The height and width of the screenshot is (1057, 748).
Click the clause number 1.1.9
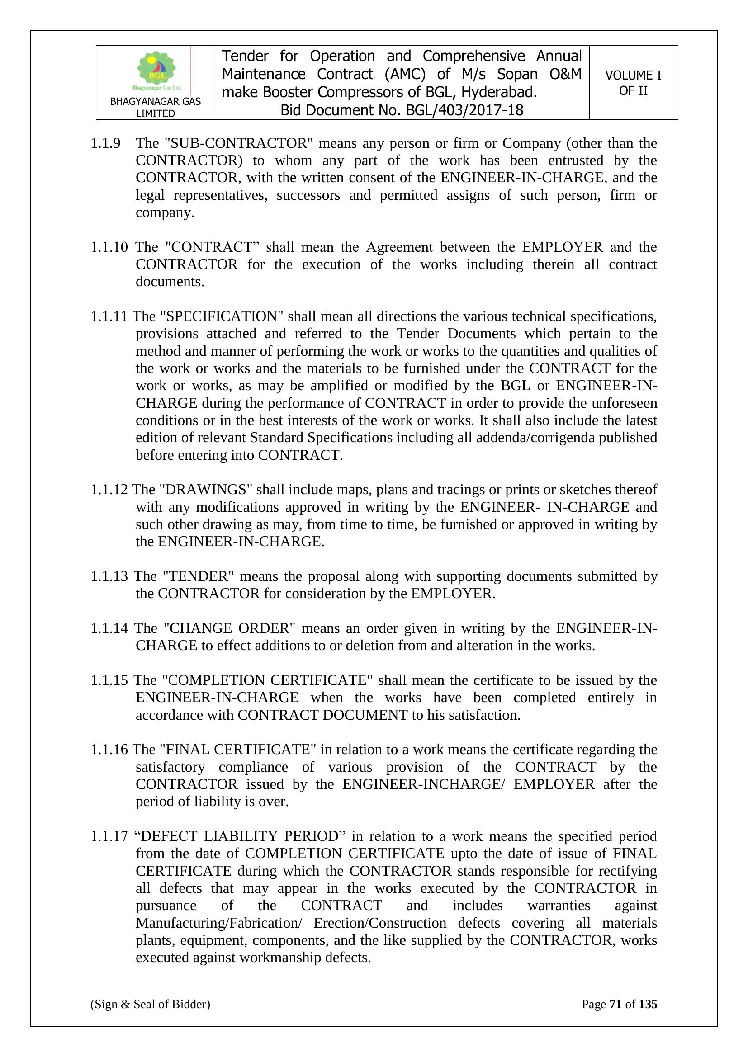tap(105, 143)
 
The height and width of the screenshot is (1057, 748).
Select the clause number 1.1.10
tap(109, 247)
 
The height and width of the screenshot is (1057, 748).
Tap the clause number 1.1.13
tap(109, 576)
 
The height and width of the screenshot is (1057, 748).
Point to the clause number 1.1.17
tap(109, 836)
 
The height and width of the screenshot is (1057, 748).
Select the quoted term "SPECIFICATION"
tap(222, 316)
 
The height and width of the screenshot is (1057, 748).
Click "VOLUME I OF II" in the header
tap(633, 83)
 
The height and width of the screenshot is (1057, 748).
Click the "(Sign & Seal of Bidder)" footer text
tap(150, 1004)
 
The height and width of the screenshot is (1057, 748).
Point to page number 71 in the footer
tap(615, 1004)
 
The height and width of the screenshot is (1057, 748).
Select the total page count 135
tap(648, 1004)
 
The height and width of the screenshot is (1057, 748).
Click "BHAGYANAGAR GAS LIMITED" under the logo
tap(155, 107)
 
